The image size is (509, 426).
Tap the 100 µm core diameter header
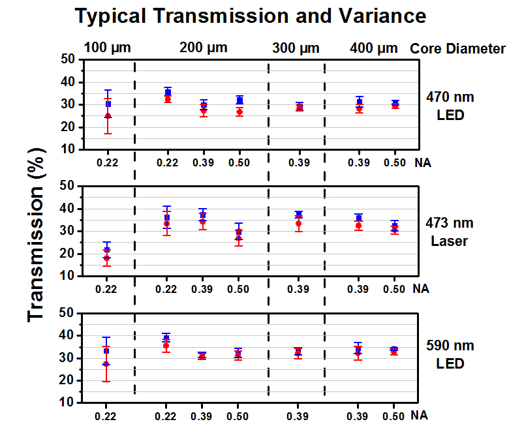pos(108,48)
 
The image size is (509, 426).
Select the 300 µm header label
pos(296,48)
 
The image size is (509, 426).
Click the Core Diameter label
pos(457,48)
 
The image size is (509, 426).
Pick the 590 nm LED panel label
pos(450,354)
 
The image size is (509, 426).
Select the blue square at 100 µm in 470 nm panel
pos(108,104)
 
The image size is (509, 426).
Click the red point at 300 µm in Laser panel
pos(299,224)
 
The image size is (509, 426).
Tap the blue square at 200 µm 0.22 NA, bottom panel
pos(167,337)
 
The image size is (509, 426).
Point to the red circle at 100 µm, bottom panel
pos(107,364)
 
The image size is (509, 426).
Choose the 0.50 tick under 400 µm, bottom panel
pos(393,416)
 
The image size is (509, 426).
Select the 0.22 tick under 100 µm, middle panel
pos(106,288)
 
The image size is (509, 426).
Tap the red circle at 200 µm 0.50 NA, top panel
pos(239,112)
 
